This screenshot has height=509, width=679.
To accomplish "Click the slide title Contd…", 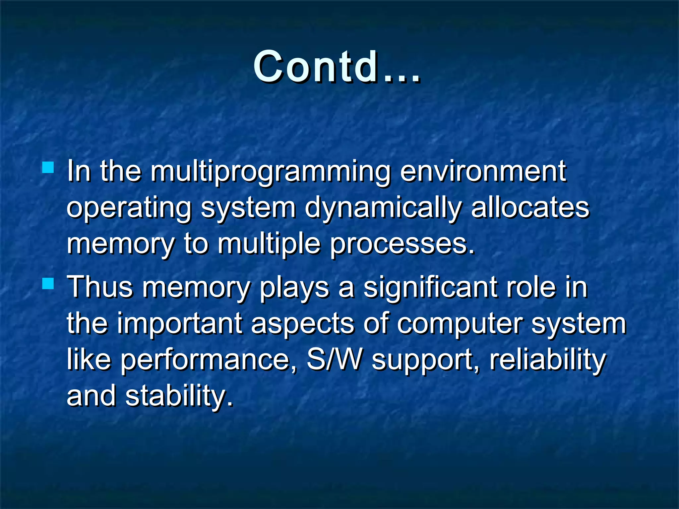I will click(337, 67).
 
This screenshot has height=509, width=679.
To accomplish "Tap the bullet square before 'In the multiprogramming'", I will click(48, 167).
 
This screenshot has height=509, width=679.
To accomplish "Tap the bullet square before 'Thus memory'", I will click(48, 283).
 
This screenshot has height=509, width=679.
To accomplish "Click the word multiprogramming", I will click(270, 172).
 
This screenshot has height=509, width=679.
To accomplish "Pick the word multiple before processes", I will click(269, 245).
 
